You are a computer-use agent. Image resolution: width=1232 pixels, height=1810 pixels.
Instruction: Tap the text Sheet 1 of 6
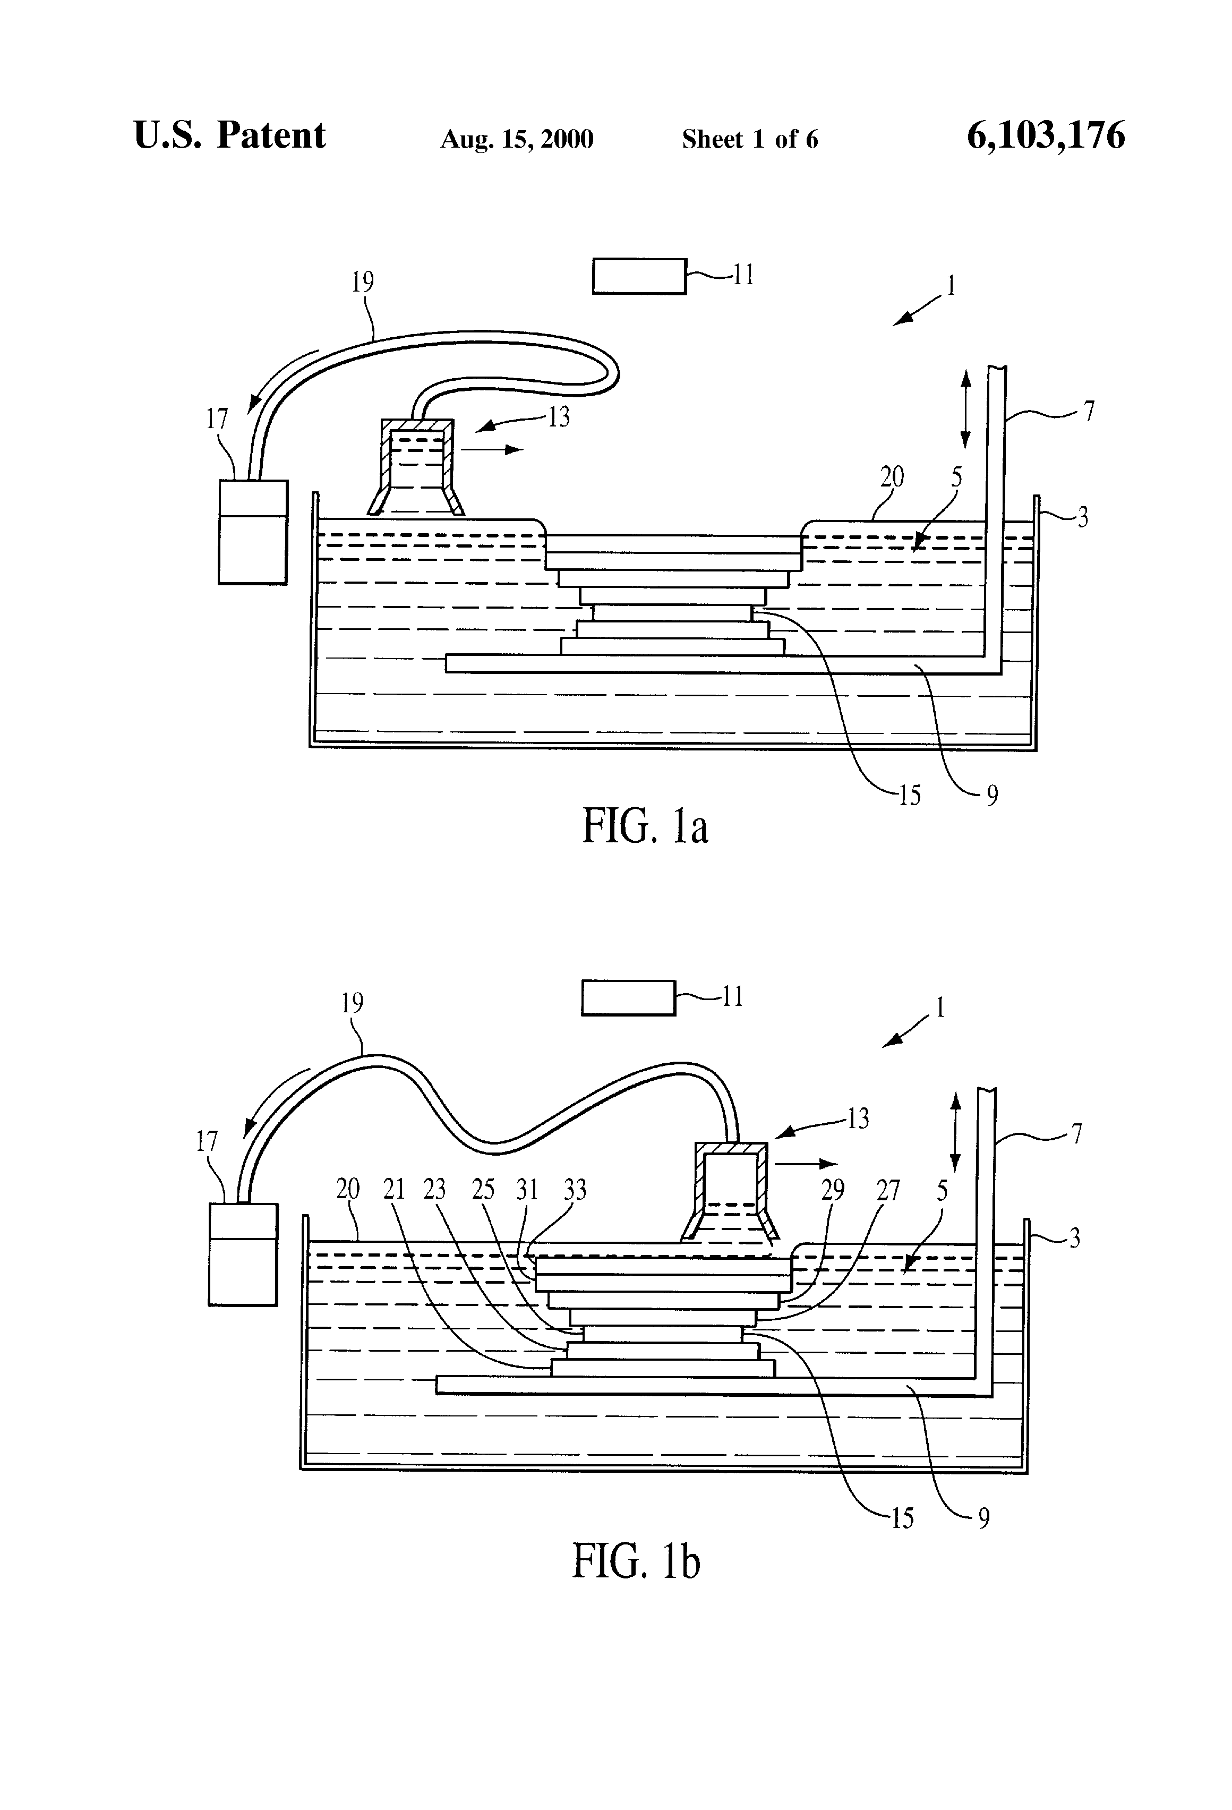[749, 139]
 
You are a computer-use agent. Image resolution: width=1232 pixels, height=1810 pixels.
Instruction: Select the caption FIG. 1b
[636, 1561]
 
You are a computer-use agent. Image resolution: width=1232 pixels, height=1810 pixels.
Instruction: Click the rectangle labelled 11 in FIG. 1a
[639, 277]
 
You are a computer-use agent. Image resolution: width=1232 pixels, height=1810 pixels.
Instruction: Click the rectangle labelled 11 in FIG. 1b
[628, 998]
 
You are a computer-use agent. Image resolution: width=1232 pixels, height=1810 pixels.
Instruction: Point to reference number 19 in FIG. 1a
[363, 282]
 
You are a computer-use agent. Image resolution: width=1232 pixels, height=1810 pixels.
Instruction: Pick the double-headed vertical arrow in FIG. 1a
[965, 409]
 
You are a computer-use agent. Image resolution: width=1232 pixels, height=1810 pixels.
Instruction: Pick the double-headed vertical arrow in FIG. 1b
[955, 1131]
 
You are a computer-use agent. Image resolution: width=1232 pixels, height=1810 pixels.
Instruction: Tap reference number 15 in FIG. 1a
[909, 795]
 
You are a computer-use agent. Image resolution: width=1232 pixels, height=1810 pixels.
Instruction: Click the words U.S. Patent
[230, 135]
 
